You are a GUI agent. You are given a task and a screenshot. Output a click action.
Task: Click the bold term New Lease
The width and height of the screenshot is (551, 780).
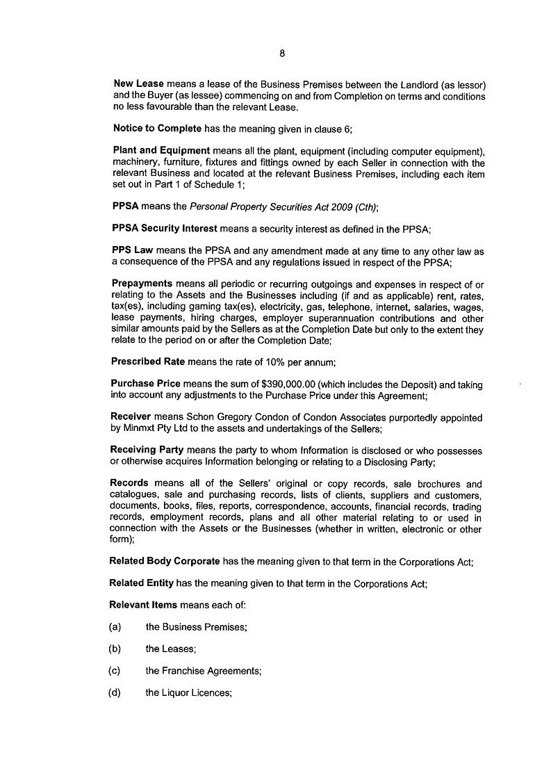(x=138, y=84)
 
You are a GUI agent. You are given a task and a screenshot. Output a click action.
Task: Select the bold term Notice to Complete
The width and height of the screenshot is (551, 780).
(x=157, y=129)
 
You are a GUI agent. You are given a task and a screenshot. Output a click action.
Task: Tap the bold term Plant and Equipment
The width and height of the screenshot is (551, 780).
(x=161, y=150)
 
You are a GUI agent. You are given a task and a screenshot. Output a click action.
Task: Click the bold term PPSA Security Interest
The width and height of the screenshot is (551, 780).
(x=165, y=228)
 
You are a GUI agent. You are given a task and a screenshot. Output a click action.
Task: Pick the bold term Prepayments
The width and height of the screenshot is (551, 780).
(x=142, y=284)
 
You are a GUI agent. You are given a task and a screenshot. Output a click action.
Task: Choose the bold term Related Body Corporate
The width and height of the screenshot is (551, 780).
(x=165, y=562)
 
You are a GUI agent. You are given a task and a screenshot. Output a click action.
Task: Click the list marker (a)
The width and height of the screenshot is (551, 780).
(x=115, y=627)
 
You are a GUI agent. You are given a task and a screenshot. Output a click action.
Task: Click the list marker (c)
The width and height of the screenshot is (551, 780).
(x=115, y=671)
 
